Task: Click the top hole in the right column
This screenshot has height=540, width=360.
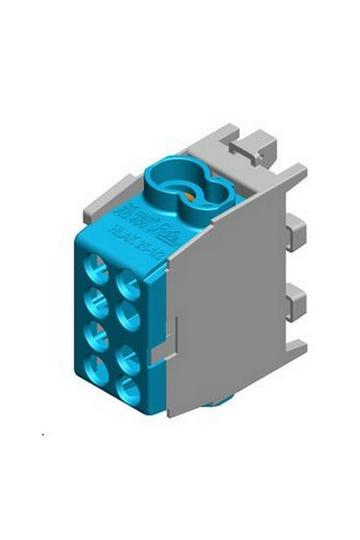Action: click(x=127, y=284)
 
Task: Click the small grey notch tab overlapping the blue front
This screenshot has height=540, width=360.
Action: click(x=158, y=353)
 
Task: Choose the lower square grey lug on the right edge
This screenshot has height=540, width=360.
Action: click(x=298, y=300)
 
